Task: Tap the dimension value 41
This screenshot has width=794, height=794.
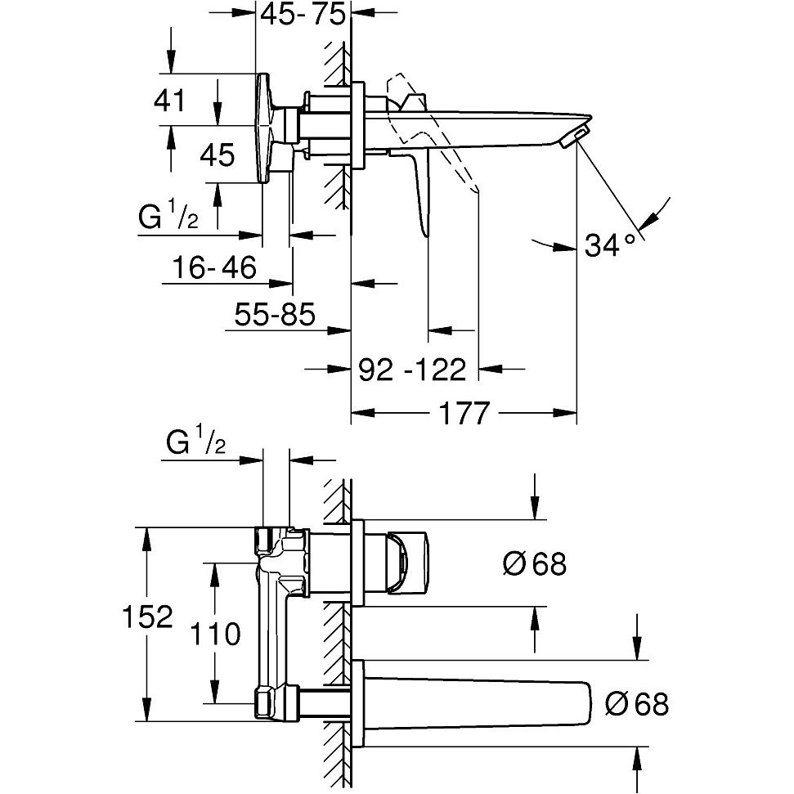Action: pos(170,101)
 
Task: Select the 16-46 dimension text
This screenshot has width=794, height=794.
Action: pos(215,267)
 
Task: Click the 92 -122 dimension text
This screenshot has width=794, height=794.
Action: pos(413,370)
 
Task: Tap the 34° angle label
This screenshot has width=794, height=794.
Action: pos(610,244)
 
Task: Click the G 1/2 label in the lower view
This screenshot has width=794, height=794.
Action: pos(195,444)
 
